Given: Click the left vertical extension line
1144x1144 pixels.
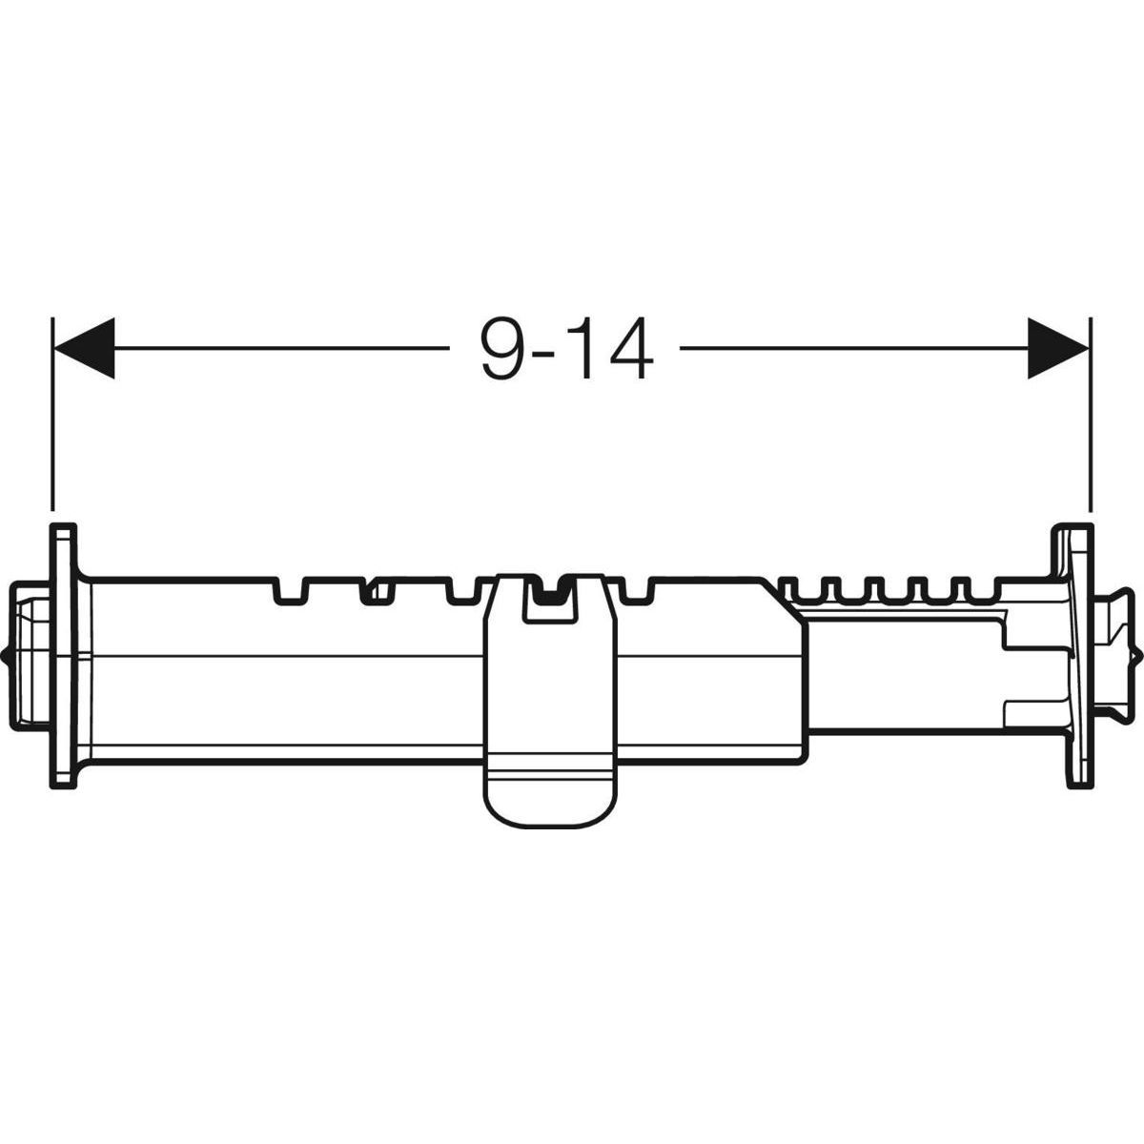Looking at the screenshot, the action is (x=52, y=414).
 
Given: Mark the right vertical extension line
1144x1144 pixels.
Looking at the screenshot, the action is (x=1091, y=414).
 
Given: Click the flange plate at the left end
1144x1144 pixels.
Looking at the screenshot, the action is (x=64, y=656).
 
